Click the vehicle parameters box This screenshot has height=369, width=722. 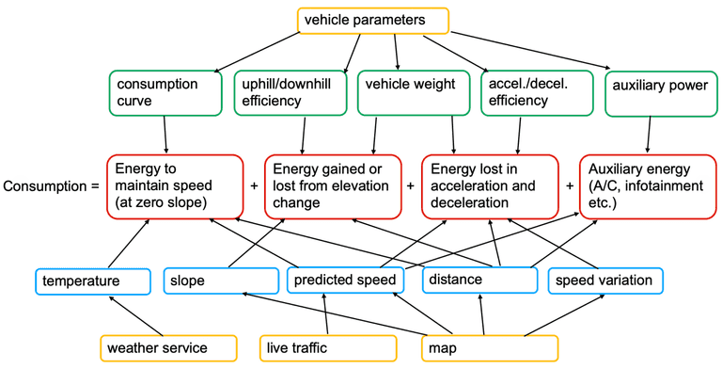(373, 21)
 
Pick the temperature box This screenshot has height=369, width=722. (92, 281)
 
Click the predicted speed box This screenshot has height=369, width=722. (346, 281)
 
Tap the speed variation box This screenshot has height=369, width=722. (606, 281)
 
